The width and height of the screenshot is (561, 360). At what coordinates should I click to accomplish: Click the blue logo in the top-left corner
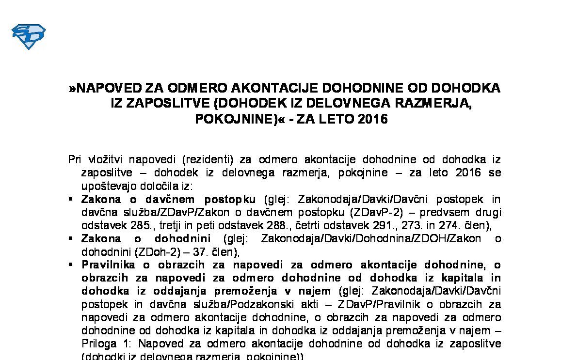tap(28, 36)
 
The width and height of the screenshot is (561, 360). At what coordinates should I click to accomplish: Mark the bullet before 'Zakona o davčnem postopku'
tap(71, 199)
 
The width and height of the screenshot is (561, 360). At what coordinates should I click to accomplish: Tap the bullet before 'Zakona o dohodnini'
tap(71, 238)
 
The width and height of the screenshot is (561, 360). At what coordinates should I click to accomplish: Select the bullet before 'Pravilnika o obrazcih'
tap(71, 265)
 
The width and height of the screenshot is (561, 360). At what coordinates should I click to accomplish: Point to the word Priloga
tap(99, 344)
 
